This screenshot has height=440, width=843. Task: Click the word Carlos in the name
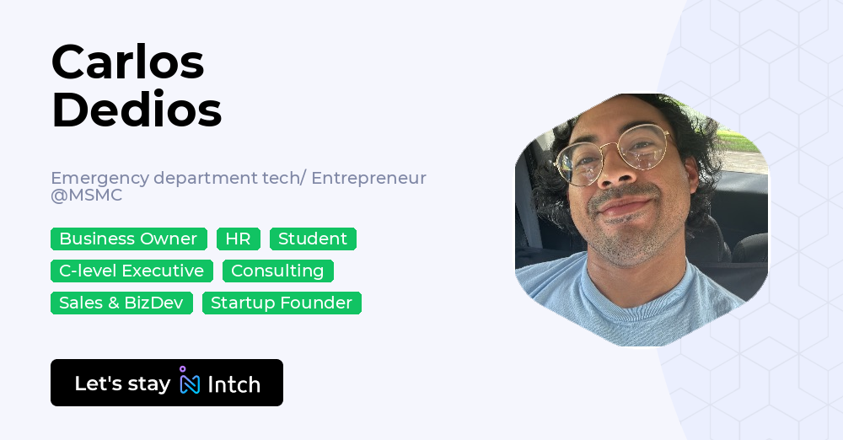[127, 62]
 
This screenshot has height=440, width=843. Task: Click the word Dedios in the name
[137, 110]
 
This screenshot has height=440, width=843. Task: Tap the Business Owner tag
[128, 239]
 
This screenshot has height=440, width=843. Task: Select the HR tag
[238, 239]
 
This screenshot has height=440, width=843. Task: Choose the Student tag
[313, 239]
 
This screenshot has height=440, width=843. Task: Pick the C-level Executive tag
[132, 271]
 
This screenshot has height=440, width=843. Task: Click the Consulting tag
[277, 271]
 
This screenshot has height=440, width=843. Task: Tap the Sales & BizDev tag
[121, 303]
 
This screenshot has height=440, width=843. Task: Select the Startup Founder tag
[282, 303]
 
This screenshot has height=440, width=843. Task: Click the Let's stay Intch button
[167, 383]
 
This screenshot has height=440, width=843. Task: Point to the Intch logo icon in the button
[190, 382]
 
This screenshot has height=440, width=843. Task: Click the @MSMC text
[86, 196]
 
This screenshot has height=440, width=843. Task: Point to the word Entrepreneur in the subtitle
[368, 179]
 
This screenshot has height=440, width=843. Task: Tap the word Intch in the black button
[234, 384]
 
